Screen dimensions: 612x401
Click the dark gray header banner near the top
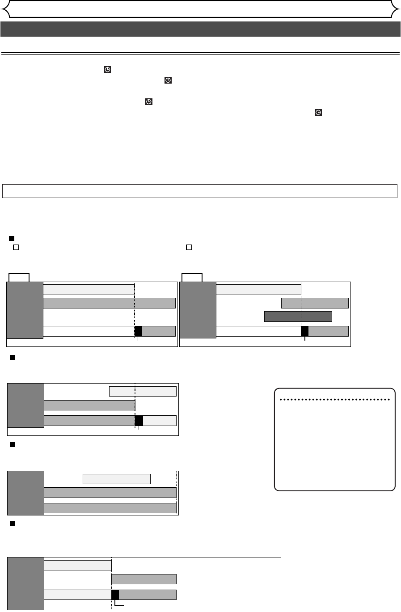(200, 29)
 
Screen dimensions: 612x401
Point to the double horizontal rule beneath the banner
(200, 53)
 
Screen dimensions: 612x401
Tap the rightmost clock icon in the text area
(318, 113)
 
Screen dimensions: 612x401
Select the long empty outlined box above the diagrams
(200, 190)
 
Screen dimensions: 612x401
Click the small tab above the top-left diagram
(19, 278)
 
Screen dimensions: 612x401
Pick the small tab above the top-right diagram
(192, 278)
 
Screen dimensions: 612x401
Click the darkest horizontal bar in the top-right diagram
(298, 317)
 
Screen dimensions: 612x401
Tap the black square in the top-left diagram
(138, 331)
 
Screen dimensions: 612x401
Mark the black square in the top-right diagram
(304, 331)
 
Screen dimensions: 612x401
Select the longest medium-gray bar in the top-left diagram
(109, 303)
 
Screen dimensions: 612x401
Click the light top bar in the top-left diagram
(89, 289)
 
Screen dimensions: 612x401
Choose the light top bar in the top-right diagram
(258, 289)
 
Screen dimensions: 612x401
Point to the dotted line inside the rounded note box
(334, 400)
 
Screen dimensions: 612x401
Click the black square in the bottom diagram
(115, 595)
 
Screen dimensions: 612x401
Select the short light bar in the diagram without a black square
(117, 479)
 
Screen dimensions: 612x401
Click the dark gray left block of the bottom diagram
(26, 583)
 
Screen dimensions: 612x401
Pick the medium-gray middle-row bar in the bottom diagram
(144, 579)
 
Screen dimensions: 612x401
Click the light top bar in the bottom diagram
(77, 565)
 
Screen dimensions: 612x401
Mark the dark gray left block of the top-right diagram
(198, 310)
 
